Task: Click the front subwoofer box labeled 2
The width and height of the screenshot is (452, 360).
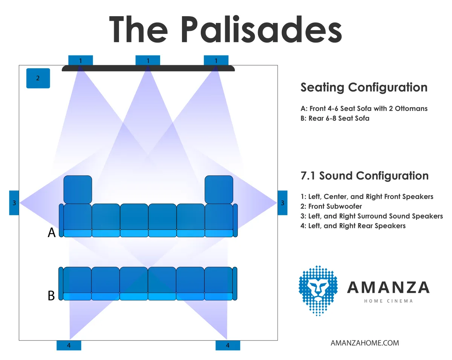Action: point(38,78)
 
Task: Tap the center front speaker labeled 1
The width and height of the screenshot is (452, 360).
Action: point(148,60)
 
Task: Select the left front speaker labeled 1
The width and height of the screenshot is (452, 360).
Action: point(81,60)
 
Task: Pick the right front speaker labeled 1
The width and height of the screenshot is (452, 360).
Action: point(216,60)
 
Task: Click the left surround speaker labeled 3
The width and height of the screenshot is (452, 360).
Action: point(14,203)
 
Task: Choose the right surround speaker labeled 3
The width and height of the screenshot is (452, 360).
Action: point(282,203)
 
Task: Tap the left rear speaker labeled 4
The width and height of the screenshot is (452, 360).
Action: point(69,346)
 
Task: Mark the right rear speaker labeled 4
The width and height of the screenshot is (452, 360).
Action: point(228,346)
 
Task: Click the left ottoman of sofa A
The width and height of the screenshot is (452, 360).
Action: point(78,190)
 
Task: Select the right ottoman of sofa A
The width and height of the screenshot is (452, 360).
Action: point(219,190)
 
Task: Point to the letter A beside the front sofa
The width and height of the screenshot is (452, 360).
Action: point(52,233)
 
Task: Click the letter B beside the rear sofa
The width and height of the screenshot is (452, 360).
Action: point(51,296)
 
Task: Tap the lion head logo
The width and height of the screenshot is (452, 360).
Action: point(318,291)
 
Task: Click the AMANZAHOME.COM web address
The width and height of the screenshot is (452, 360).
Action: point(365,343)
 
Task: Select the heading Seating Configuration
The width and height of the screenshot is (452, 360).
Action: point(364,87)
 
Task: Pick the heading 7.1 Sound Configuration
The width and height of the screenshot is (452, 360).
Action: point(364,176)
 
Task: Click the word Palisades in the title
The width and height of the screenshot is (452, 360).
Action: point(261,29)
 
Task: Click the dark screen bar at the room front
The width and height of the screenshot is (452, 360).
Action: point(148,68)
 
